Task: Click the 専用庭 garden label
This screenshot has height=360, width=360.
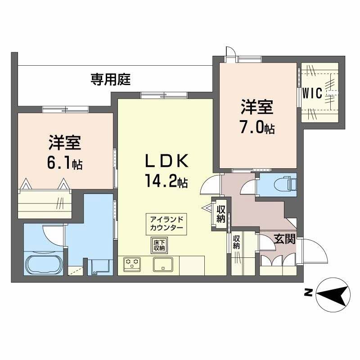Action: [111, 80]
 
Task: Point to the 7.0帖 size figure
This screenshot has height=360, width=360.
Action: [257, 128]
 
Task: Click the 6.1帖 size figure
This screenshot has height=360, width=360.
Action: [65, 163]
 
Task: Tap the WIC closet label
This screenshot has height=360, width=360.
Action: [312, 94]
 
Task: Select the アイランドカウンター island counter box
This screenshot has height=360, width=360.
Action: [166, 224]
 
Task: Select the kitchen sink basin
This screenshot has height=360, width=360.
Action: [162, 264]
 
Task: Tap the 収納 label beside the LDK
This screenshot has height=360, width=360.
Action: [221, 214]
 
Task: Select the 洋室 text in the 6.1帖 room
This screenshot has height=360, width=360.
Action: [65, 143]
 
